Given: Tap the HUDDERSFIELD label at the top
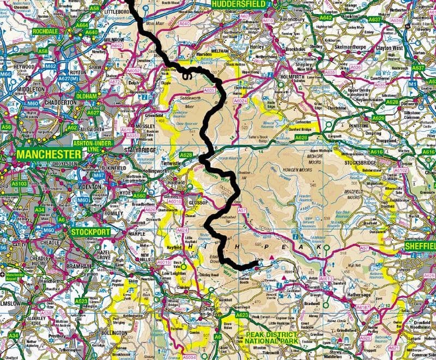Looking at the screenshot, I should coord(238,4).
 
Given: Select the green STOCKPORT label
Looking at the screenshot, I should coord(92,232).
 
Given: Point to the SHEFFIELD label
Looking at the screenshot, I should coord(420,246).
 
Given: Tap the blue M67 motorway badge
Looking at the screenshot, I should coord(99,175).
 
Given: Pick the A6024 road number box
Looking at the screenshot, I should coord(240,101).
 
